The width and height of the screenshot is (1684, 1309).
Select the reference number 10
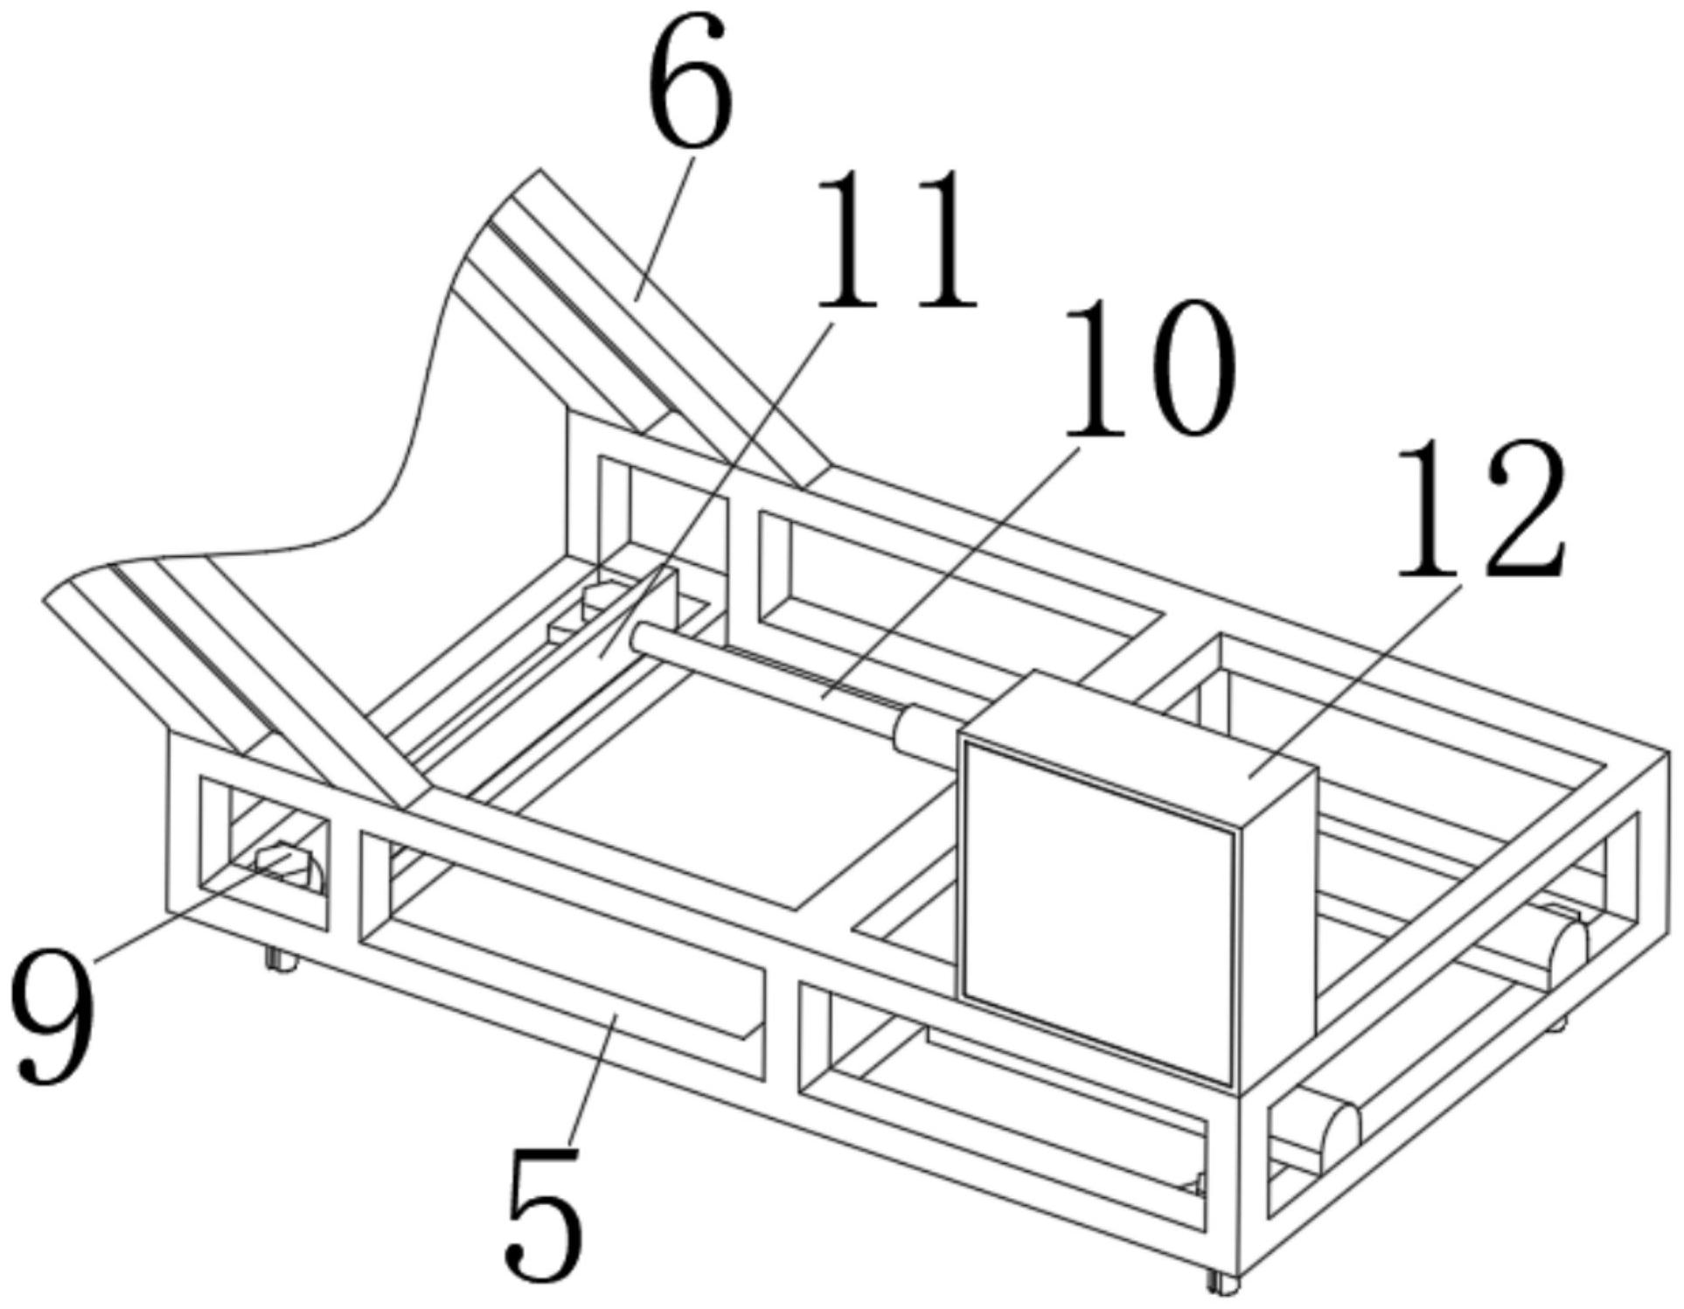(x=1146, y=367)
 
